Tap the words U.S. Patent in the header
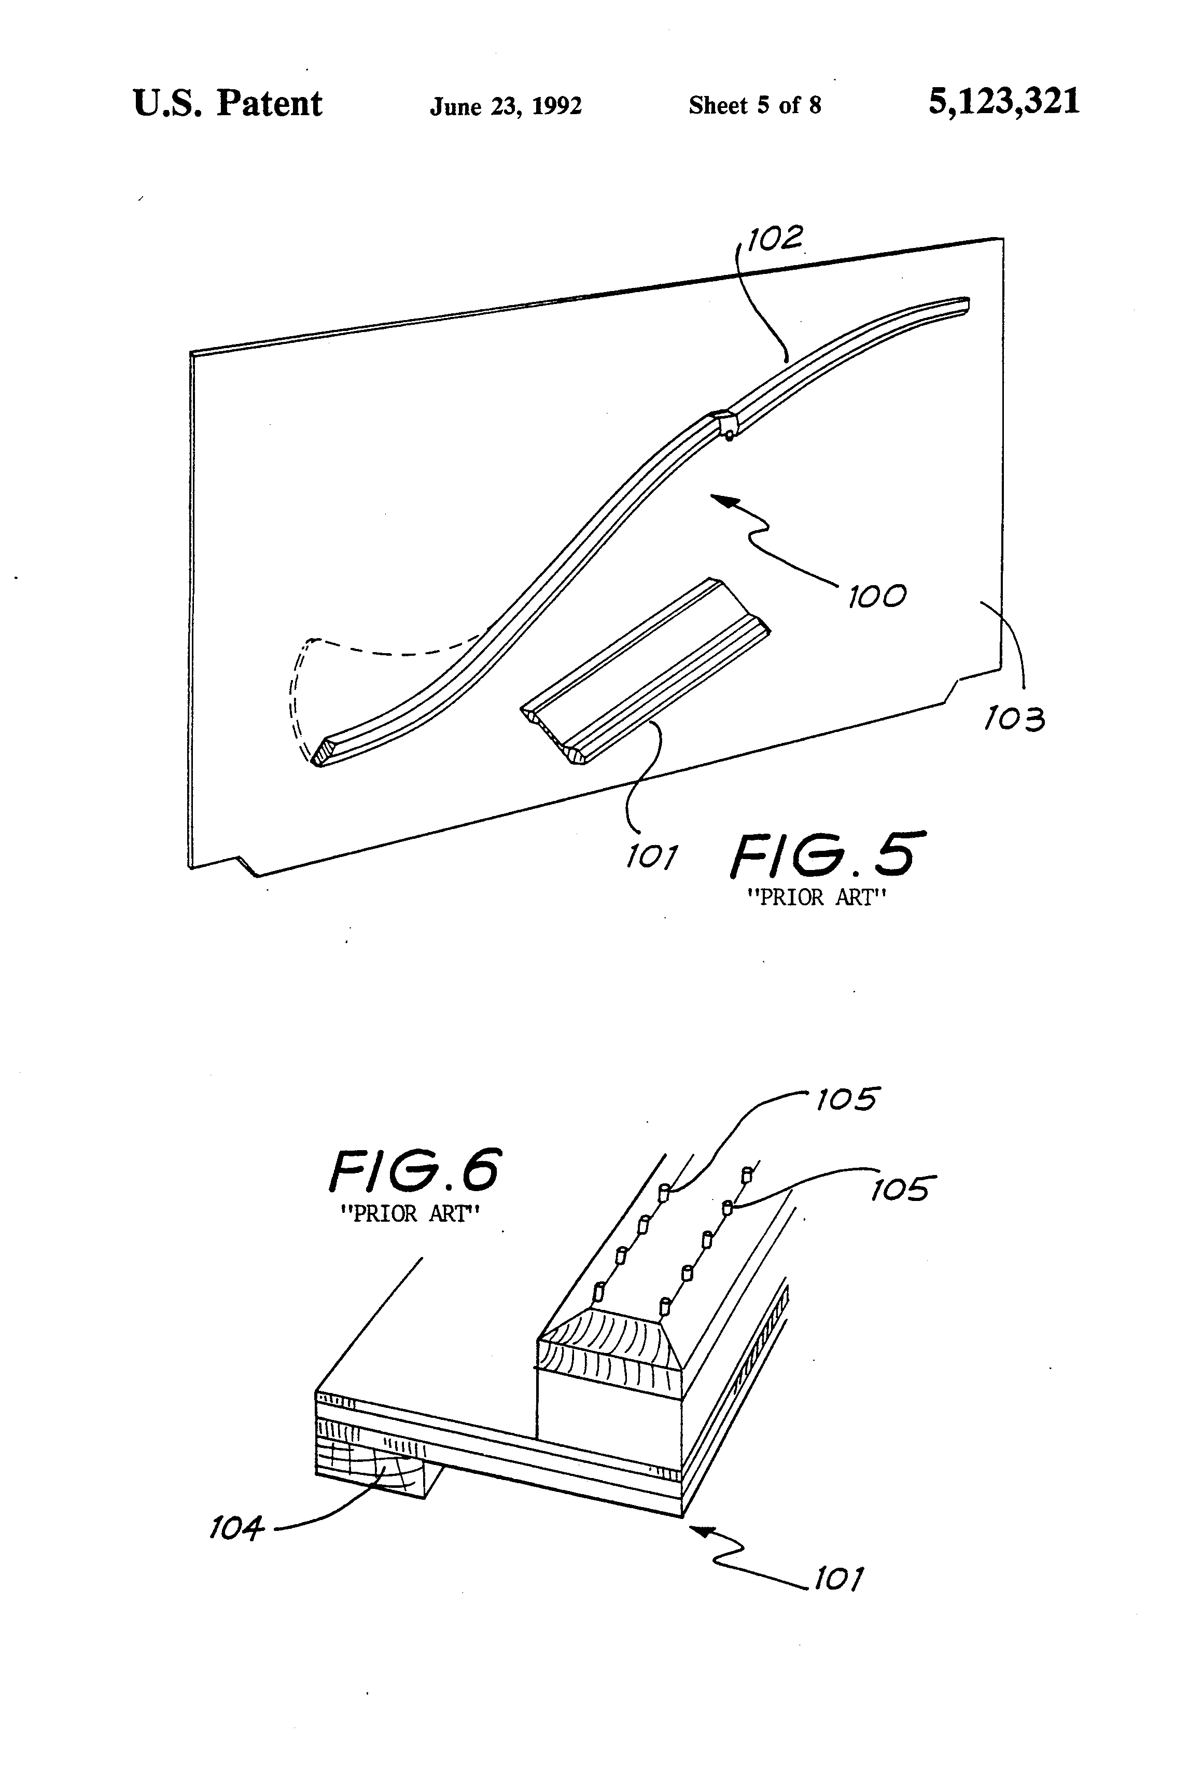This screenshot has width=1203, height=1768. point(227,103)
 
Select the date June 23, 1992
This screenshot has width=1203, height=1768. point(506,106)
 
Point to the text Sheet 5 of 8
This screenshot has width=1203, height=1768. point(754,105)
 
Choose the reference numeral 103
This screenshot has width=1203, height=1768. point(1014,718)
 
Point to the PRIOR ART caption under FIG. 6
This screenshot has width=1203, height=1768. point(410,1213)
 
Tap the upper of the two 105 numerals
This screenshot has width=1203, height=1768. point(846,1099)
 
